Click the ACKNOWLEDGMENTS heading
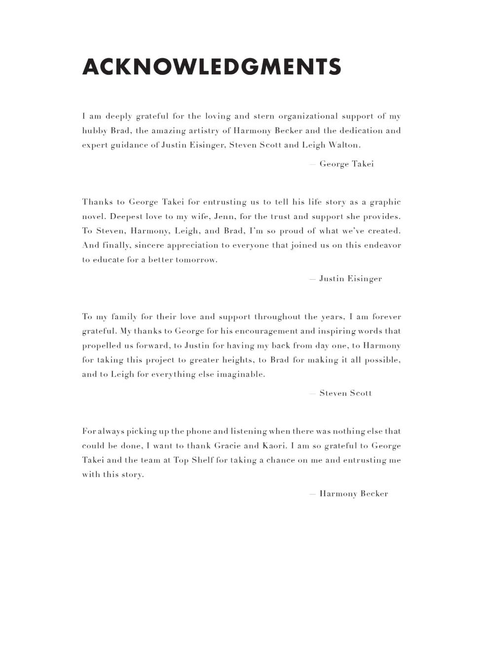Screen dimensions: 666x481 (x=212, y=67)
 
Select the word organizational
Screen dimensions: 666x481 (x=308, y=116)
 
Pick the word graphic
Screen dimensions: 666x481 (x=385, y=202)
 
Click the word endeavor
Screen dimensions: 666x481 (x=382, y=245)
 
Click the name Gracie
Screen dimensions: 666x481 (x=227, y=446)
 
